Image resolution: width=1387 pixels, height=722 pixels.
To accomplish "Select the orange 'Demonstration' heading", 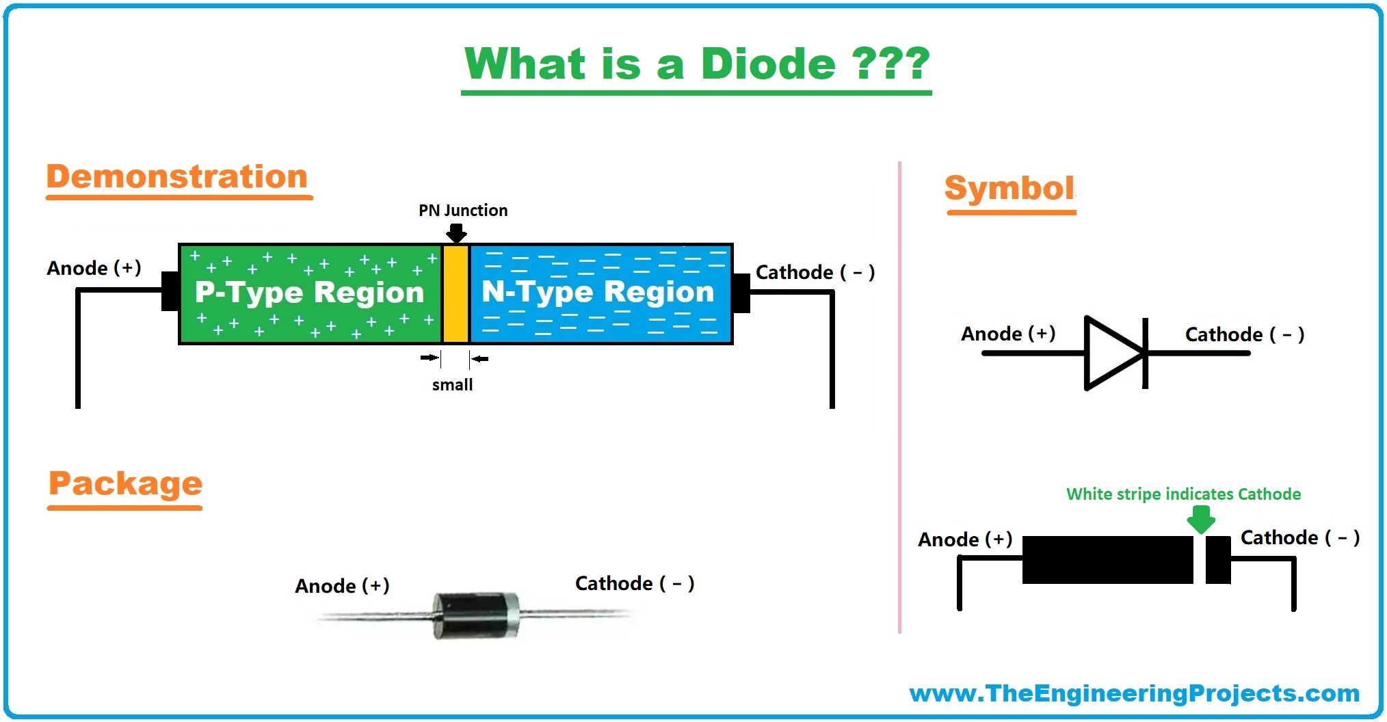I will [x=177, y=177].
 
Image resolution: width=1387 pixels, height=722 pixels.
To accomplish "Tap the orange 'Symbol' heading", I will [x=1009, y=188].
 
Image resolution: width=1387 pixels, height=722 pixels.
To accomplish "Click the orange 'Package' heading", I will [x=125, y=484].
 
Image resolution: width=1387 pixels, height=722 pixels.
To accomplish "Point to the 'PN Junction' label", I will [x=463, y=211].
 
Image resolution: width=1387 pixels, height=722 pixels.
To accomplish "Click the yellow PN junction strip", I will [x=455, y=294].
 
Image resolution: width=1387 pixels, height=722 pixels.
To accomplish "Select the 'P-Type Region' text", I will [x=309, y=293].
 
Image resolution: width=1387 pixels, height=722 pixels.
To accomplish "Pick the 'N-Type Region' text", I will [x=598, y=292].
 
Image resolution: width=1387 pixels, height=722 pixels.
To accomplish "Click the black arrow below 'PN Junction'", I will [x=456, y=234].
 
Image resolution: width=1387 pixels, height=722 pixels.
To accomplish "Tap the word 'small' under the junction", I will [x=452, y=385].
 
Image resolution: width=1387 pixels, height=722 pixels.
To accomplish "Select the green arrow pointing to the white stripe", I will [x=1201, y=519].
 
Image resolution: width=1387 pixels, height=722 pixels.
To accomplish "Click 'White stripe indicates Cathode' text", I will [x=1183, y=494].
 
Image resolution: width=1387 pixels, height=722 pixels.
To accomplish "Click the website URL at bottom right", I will [x=1134, y=693].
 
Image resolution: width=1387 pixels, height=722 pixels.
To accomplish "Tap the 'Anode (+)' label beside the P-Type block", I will [x=94, y=268].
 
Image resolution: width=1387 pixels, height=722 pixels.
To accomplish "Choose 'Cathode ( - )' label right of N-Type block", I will [x=815, y=273].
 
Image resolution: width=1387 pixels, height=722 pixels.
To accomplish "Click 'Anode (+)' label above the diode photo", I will [x=342, y=586].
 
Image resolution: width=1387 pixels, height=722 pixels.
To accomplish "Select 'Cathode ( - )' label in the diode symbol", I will [x=1244, y=335].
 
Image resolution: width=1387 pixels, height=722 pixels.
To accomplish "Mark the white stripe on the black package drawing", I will [x=1199, y=560].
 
